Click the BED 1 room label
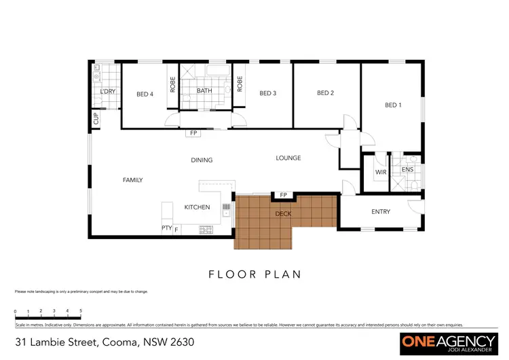[x=393, y=105]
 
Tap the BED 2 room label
[x=326, y=93]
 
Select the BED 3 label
[x=267, y=94]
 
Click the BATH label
[x=205, y=91]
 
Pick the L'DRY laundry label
[x=107, y=92]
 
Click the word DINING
[x=202, y=160]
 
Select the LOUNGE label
[x=288, y=158]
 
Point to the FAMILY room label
[x=132, y=180]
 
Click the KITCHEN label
[x=197, y=207]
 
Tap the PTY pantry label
[x=166, y=228]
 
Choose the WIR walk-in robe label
[x=381, y=173]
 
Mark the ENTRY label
[x=381, y=212]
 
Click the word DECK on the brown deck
[x=283, y=214]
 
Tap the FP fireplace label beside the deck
[x=283, y=196]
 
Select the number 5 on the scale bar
[x=81, y=310]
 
